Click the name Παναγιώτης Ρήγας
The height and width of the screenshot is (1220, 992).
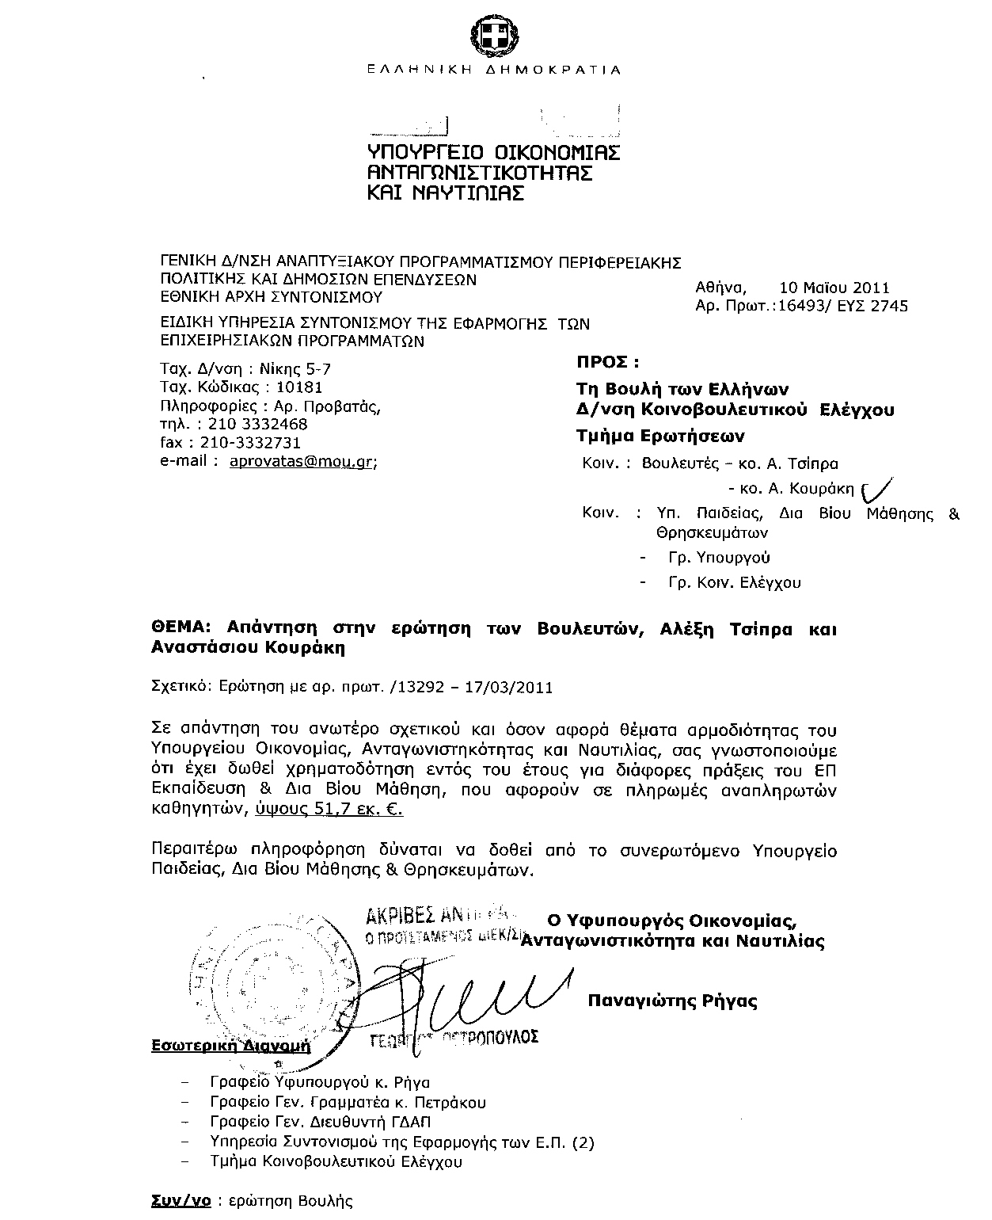[672, 1001]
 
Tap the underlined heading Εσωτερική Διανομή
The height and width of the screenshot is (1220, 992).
[230, 1046]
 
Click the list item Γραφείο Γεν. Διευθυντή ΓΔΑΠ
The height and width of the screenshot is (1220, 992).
[321, 1122]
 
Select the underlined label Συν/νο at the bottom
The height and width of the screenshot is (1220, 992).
[181, 1201]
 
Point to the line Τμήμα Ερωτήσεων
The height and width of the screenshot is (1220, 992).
[659, 436]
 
